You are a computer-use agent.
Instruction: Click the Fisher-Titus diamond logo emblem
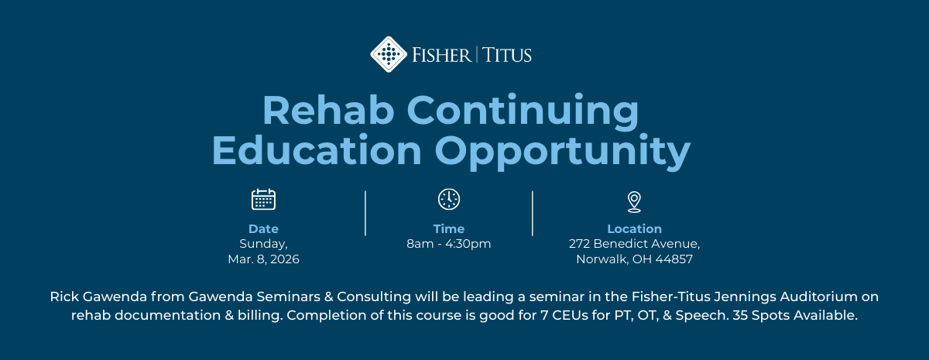[x=389, y=54]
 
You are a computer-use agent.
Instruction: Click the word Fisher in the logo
[x=441, y=55]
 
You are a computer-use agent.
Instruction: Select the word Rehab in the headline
[x=328, y=111]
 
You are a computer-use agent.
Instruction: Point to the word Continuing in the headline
[x=523, y=111]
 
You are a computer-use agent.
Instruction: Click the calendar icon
[x=263, y=200]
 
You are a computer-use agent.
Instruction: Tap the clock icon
[x=449, y=199]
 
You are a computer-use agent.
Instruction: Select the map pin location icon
[x=634, y=201]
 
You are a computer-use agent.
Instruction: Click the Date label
[x=263, y=229]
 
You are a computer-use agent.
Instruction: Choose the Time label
[x=449, y=229]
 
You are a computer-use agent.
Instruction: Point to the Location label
[x=634, y=229]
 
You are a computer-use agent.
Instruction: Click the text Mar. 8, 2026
[x=263, y=259]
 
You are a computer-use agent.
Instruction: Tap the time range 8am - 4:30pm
[x=449, y=244]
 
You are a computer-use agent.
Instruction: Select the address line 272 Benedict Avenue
[x=634, y=244]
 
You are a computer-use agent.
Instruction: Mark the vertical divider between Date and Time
[x=365, y=213]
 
